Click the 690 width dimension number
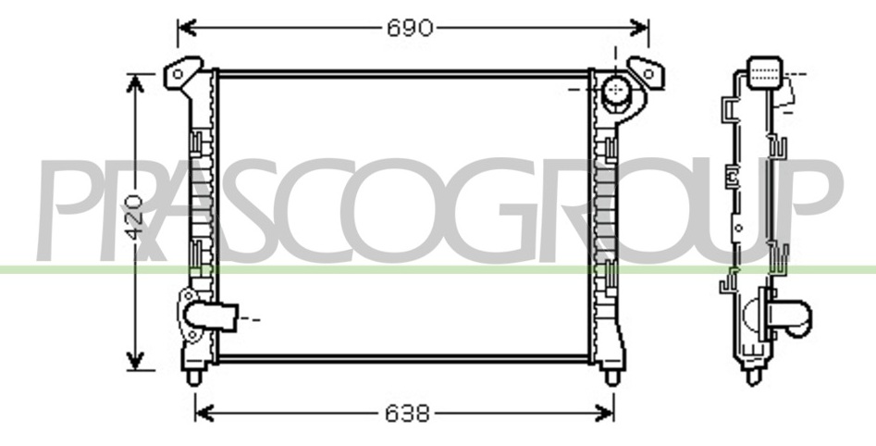coord(410,28)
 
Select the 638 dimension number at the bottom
coord(408,414)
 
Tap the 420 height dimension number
coord(134,217)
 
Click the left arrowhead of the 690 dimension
coord(187,28)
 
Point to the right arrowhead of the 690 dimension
coord(638,28)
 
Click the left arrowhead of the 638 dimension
coord(204,414)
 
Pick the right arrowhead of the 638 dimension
coord(604,414)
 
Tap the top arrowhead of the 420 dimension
coord(135,84)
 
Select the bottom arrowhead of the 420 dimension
coord(135,361)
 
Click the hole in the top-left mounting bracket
coord(178,74)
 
